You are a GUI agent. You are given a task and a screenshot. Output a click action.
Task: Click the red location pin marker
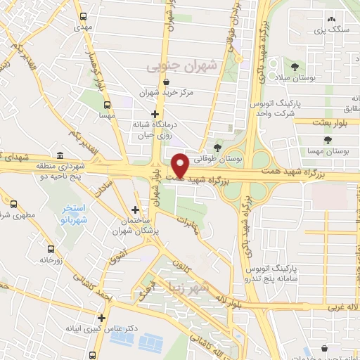180,165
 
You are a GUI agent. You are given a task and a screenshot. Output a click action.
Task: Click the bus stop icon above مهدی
84,15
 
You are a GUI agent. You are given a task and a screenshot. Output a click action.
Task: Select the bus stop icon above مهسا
107,103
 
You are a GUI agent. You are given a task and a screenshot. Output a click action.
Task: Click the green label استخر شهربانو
69,214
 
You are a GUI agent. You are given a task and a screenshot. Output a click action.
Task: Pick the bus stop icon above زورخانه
51,248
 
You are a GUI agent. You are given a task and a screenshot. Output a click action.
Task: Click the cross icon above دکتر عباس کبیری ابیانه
102,318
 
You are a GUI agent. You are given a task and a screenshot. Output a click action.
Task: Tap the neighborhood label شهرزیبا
185,287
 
